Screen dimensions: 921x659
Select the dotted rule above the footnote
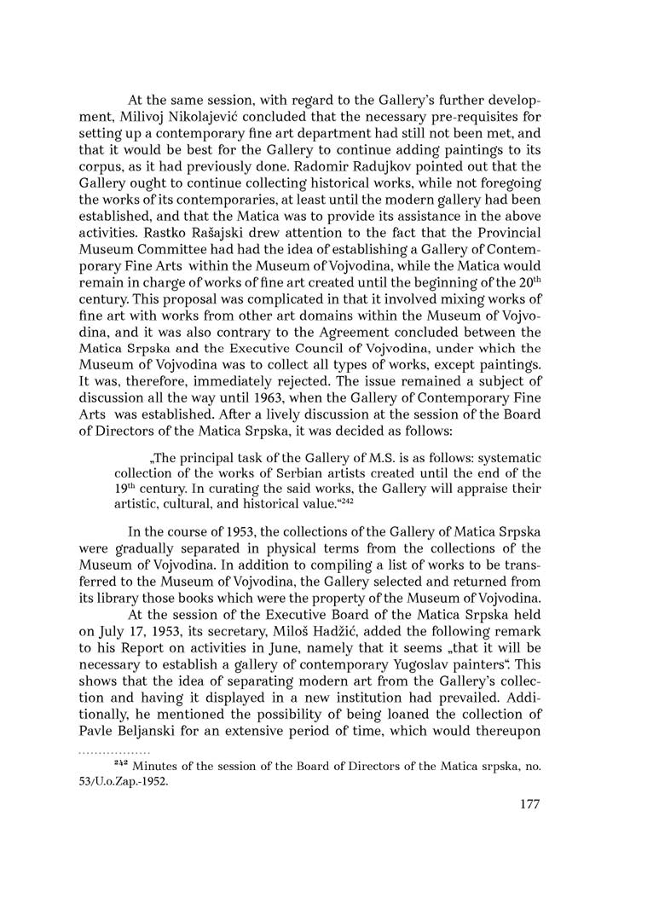114,753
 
